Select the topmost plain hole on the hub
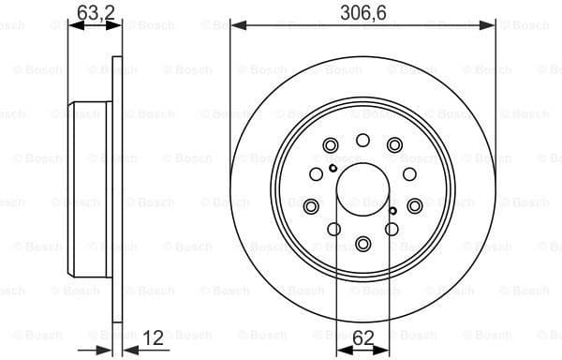[x=362, y=140]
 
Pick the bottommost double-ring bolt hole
[x=362, y=244]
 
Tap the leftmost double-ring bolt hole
[x=311, y=205]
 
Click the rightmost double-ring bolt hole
[x=414, y=205]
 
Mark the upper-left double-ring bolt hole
[x=330, y=145]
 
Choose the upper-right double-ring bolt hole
[x=394, y=144]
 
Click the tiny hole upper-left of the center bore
[x=333, y=169]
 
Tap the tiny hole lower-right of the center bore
[x=392, y=214]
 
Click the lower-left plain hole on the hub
[x=333, y=228]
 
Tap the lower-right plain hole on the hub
[x=392, y=228]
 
